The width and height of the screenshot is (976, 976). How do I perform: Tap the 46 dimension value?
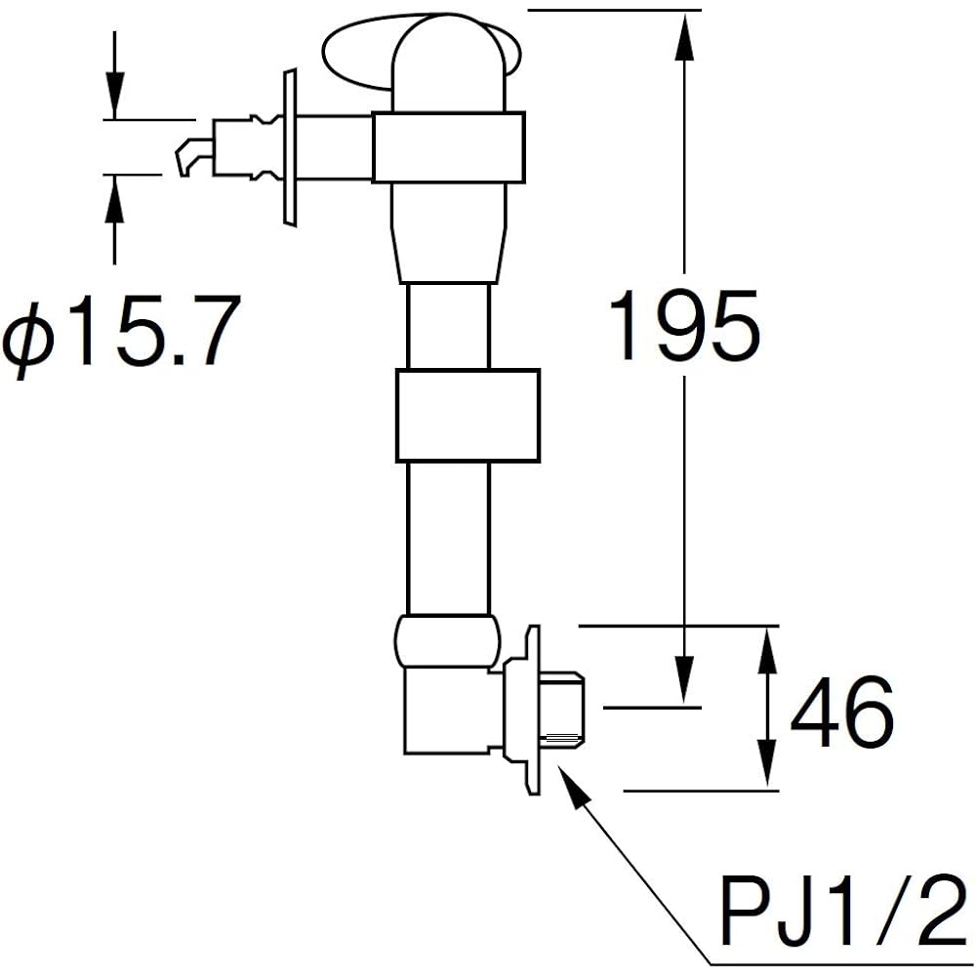pyautogui.click(x=842, y=712)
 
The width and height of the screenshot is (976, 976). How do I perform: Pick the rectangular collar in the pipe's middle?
pyautogui.click(x=468, y=415)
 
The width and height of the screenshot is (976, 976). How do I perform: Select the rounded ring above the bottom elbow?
pyautogui.click(x=447, y=641)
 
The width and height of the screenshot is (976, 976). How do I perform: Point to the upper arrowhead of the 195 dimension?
pyautogui.click(x=685, y=36)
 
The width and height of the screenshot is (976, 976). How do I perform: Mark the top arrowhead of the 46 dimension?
pyautogui.click(x=769, y=650)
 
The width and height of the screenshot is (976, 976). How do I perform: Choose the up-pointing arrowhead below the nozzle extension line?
pyautogui.click(x=114, y=199)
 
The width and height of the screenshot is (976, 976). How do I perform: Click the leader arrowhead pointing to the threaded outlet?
pyautogui.click(x=574, y=786)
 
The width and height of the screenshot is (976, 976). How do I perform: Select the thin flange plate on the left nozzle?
pyautogui.click(x=290, y=147)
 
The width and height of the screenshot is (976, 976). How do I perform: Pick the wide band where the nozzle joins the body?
pyautogui.click(x=448, y=147)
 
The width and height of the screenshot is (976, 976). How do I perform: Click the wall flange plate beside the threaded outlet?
pyautogui.click(x=521, y=710)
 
